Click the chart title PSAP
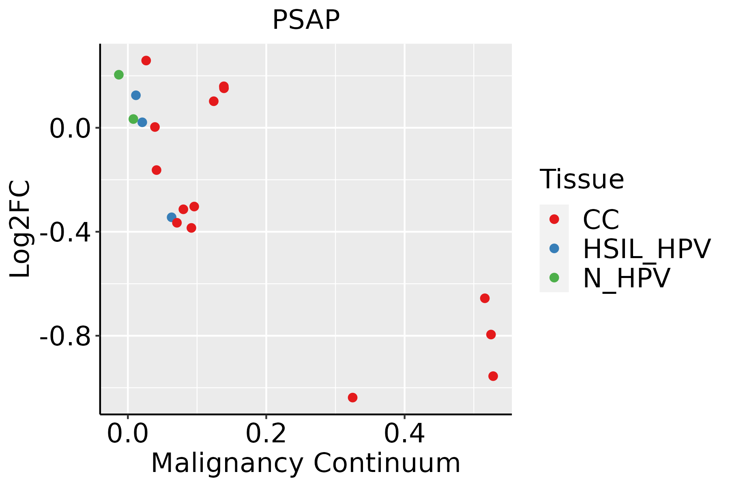[306, 19]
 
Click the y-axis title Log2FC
[20, 229]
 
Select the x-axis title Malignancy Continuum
[306, 463]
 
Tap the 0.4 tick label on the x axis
[404, 434]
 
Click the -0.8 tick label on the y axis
[65, 336]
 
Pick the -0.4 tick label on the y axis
[65, 233]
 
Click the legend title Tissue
[582, 179]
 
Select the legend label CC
[601, 220]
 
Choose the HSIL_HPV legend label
[646, 249]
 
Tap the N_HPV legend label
[626, 278]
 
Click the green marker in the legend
[554, 278]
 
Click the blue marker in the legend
[554, 248]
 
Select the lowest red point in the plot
[352, 397]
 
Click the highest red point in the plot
[146, 60]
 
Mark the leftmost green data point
[119, 75]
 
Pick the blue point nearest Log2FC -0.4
[172, 218]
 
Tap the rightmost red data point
[493, 376]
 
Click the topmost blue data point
[136, 95]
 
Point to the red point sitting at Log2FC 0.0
[155, 127]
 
